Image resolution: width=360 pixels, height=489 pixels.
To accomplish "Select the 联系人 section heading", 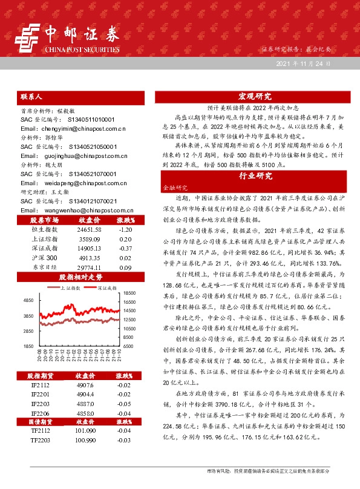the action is [x=31, y=96].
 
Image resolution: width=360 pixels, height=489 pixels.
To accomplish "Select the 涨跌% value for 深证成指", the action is [x=126, y=248].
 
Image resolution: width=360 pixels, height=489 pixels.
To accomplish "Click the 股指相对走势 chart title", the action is [x=81, y=277].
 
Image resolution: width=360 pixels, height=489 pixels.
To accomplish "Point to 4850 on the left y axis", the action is [x=28, y=300].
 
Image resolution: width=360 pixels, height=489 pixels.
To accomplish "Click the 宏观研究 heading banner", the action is [x=255, y=96].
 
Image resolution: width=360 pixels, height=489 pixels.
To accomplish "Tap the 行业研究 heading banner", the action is [x=255, y=176].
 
